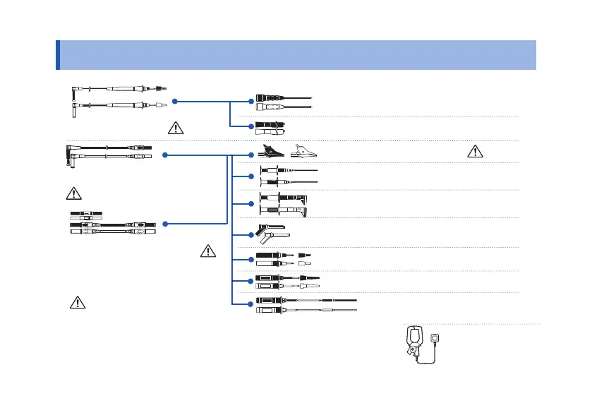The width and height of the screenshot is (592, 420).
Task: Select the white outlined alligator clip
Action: pyautogui.click(x=301, y=150)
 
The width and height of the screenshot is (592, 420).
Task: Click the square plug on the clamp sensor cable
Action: pyautogui.click(x=437, y=340)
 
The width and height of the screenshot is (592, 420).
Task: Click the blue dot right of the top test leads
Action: pyautogui.click(x=174, y=101)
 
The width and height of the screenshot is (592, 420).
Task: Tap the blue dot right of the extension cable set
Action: pyautogui.click(x=164, y=224)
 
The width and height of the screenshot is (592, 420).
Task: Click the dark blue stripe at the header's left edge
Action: pyautogui.click(x=57, y=54)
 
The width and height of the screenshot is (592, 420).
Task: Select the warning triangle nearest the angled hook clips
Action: pyautogui.click(x=207, y=250)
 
